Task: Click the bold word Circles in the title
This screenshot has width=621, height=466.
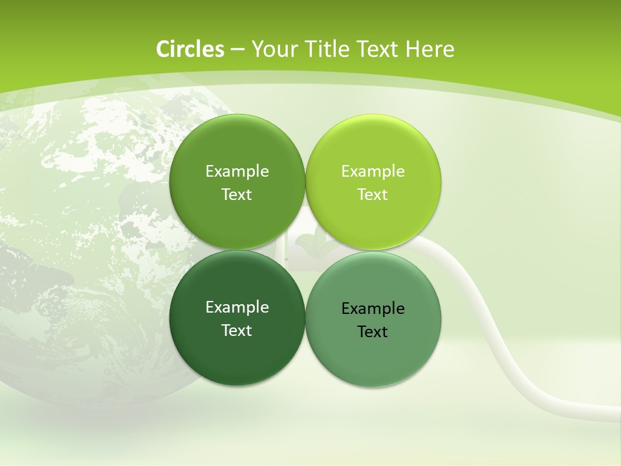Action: [190, 49]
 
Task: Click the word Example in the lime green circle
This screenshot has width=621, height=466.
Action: [373, 172]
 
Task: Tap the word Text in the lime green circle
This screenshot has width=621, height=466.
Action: [373, 195]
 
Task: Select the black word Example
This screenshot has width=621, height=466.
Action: [373, 309]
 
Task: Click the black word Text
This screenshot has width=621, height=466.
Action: [373, 332]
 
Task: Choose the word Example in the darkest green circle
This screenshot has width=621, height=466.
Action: [237, 307]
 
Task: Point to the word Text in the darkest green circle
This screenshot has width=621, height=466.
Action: [237, 331]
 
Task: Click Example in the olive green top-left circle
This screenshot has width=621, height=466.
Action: [237, 172]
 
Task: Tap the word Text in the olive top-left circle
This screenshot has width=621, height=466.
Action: [237, 195]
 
